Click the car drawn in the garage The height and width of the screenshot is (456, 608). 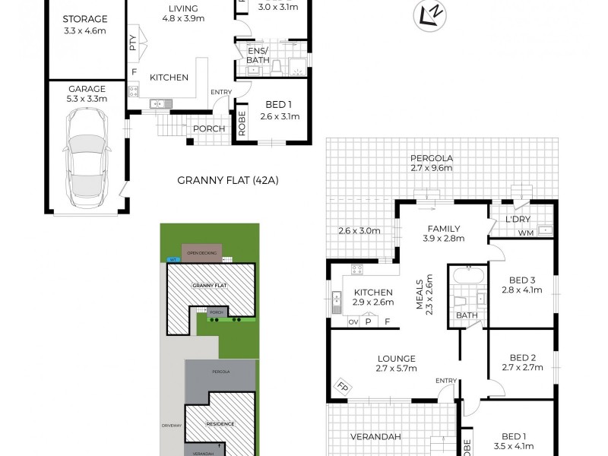(85, 157)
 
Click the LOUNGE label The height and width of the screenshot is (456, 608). (396, 364)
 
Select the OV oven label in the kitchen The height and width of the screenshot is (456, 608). (353, 321)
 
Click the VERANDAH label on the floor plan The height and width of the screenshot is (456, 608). (375, 436)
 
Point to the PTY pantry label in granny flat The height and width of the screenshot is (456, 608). (133, 41)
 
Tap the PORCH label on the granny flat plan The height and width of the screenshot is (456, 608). (208, 128)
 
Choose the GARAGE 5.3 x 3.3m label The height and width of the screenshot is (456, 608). (85, 93)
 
